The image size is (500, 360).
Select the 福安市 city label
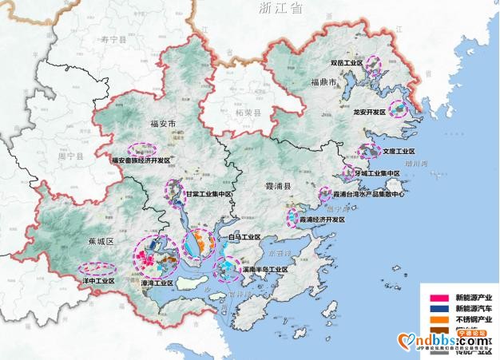tap(162, 123)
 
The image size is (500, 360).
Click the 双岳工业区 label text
tap(347, 61)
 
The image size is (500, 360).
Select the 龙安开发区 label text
tap(370, 113)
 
